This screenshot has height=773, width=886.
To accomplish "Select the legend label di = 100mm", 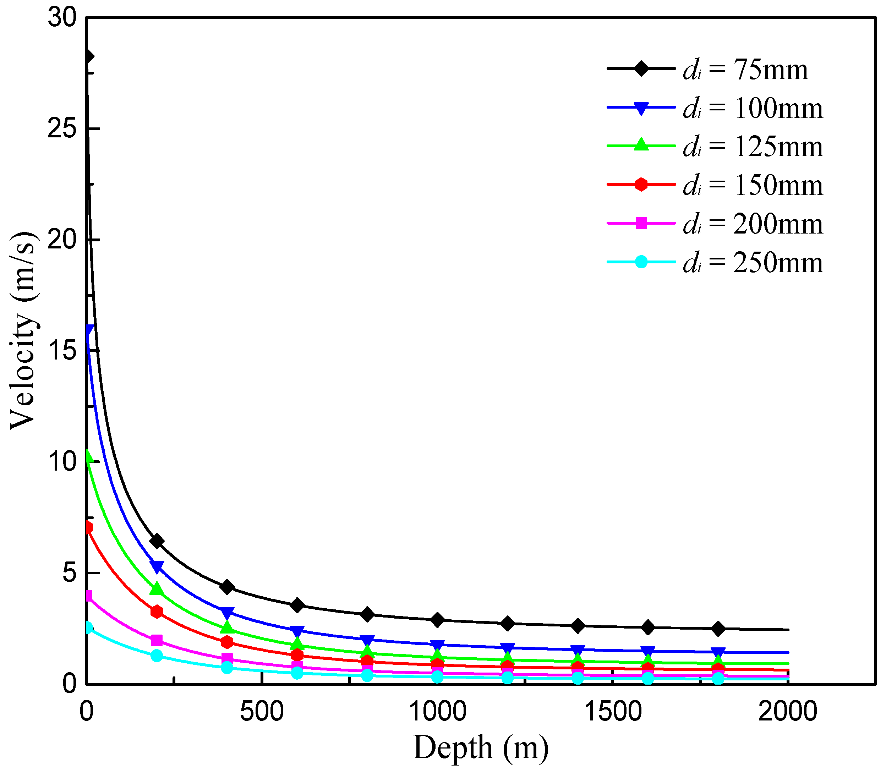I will (753, 108).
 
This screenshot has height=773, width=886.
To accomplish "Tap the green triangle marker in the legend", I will (641, 145).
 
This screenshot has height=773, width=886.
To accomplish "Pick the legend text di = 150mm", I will (753, 185).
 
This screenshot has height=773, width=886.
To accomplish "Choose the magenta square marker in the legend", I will (641, 223).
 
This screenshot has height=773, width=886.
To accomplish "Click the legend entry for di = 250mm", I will (753, 262).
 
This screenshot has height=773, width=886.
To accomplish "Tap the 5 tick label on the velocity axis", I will (69, 573).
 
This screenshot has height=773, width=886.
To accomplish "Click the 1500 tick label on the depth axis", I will (613, 711).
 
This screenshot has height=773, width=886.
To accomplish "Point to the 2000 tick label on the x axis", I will (787, 711).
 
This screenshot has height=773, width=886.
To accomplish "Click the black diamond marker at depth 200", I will (157, 541).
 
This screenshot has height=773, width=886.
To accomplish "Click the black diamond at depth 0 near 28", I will (88, 56).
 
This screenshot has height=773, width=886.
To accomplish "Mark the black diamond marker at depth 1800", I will (718, 629).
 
